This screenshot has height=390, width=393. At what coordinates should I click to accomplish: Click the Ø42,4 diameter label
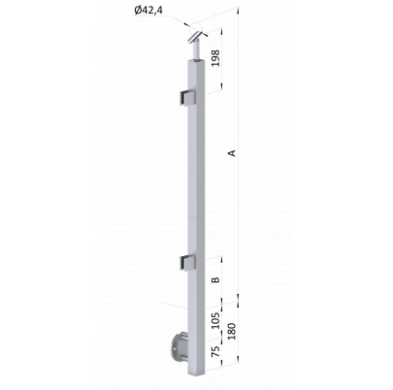[148, 11]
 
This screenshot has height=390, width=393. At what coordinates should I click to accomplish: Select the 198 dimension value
[214, 58]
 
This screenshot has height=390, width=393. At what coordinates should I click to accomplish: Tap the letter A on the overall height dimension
[232, 153]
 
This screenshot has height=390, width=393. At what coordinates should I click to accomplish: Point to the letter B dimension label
[215, 279]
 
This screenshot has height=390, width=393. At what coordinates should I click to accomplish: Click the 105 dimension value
[215, 320]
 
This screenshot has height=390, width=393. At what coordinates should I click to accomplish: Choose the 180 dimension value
[232, 331]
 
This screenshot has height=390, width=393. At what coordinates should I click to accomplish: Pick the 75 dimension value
[215, 351]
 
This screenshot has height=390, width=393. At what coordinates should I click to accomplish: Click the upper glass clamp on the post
[188, 98]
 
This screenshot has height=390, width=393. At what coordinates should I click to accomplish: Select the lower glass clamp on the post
[188, 262]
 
